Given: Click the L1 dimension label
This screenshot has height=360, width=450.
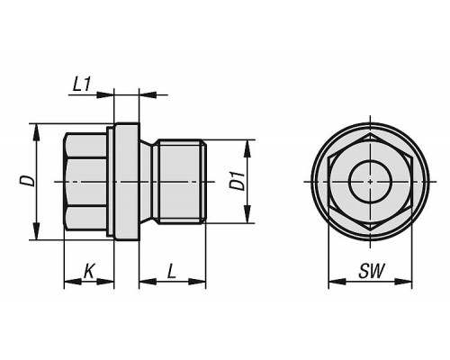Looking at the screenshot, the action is pos(81,85).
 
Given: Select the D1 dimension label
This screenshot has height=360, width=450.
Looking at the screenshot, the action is pos(237,181).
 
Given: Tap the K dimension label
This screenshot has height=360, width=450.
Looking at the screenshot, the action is pos(88,271).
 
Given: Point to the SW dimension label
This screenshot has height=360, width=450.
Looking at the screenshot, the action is pos(372,271).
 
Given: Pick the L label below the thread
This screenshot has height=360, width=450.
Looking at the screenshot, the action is pos(171,271).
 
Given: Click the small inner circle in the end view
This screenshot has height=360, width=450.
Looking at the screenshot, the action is pos(371,182).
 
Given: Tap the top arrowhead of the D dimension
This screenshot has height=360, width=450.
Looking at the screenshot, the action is pos(36,132).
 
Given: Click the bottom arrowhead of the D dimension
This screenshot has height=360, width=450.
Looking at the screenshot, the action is pos(36,231).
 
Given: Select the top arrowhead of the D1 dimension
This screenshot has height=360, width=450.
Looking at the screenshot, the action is pos(247,148).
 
